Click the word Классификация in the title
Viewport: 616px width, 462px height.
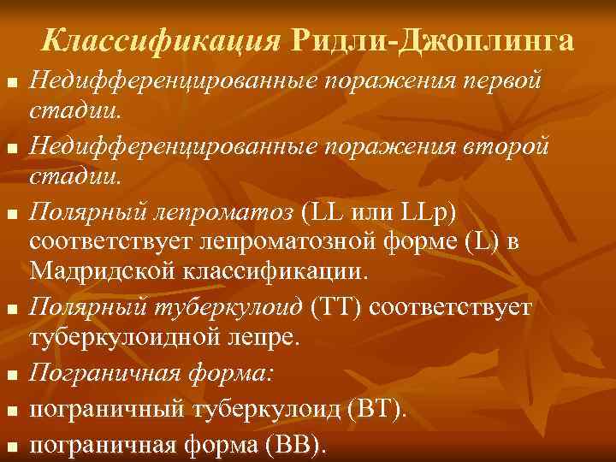click(x=161, y=39)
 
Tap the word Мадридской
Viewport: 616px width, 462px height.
click(x=110, y=273)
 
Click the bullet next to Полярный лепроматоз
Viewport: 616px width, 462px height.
click(x=10, y=211)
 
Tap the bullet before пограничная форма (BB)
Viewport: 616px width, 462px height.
click(x=10, y=446)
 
